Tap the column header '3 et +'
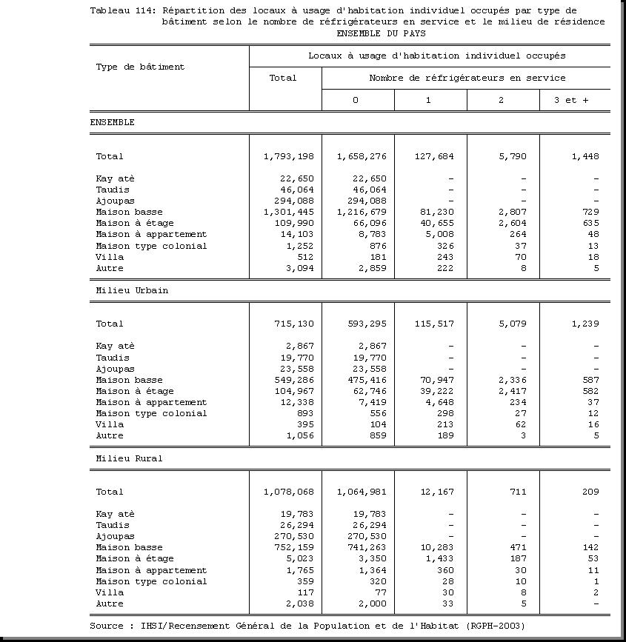(x=570, y=100)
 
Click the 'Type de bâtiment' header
(x=140, y=67)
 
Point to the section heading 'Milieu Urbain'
(x=132, y=290)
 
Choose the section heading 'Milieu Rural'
(x=129, y=458)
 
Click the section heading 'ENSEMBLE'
(x=112, y=122)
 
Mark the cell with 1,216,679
(x=361, y=212)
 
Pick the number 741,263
(x=364, y=547)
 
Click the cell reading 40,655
(x=433, y=223)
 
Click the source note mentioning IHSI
(x=307, y=626)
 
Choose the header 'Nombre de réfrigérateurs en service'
(x=467, y=78)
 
